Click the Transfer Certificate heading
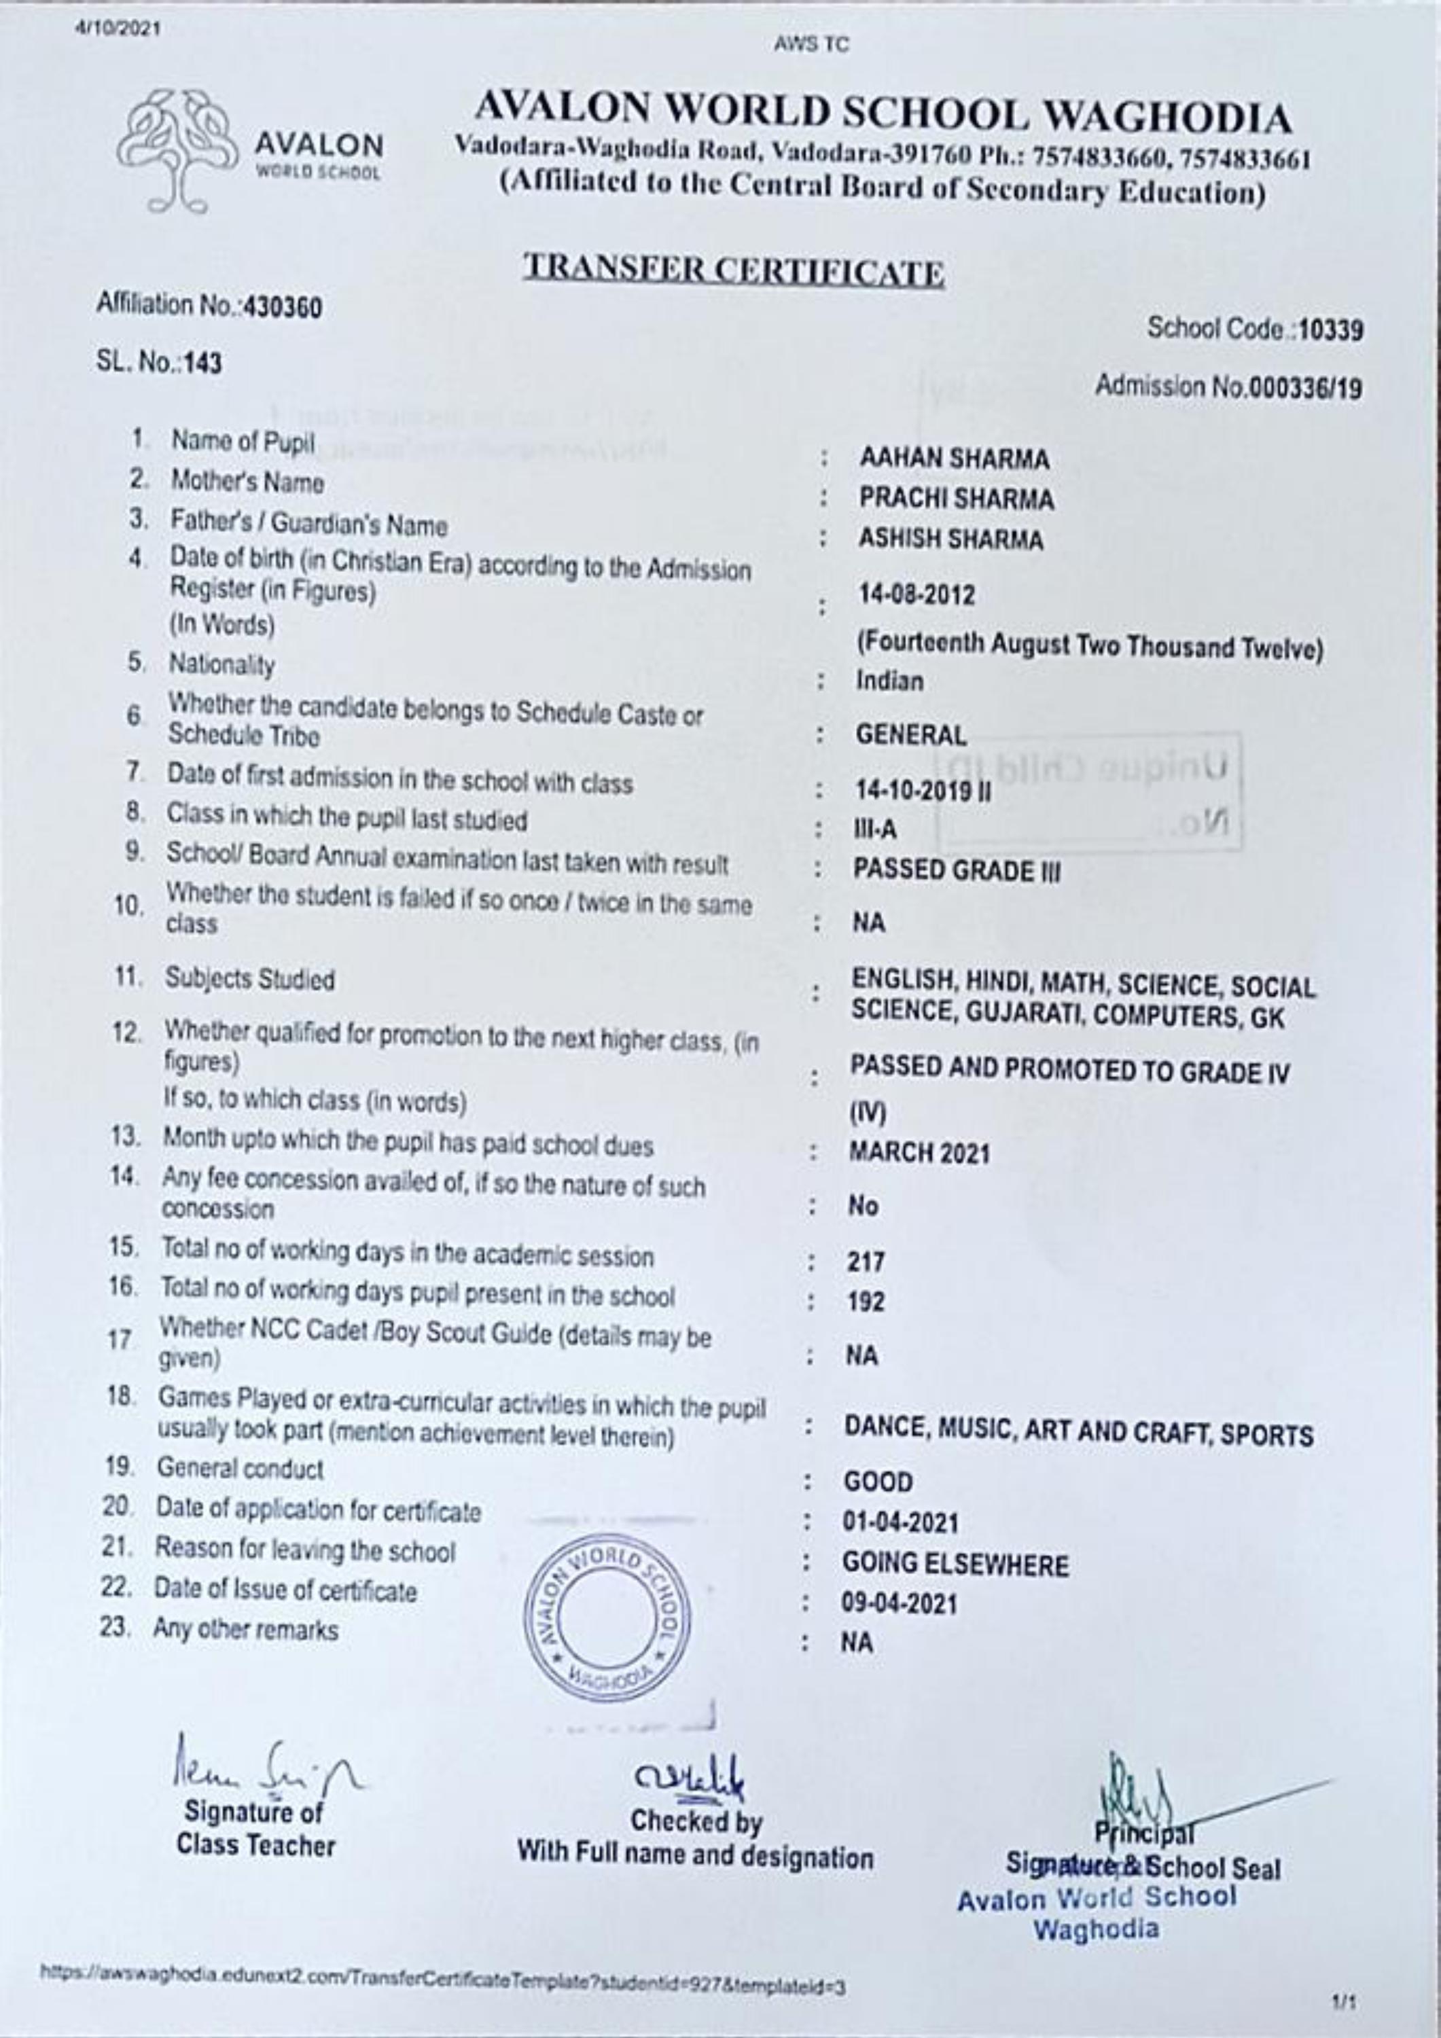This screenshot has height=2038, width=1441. (733, 271)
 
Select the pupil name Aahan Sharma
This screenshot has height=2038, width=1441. (954, 459)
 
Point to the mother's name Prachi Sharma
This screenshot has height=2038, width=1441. (956, 500)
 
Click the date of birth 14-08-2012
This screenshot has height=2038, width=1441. (915, 594)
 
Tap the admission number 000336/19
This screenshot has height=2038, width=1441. (1305, 389)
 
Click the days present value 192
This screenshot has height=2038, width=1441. (866, 1302)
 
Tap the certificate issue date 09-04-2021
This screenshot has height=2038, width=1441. (900, 1604)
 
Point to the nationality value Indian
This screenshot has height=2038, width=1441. (889, 681)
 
